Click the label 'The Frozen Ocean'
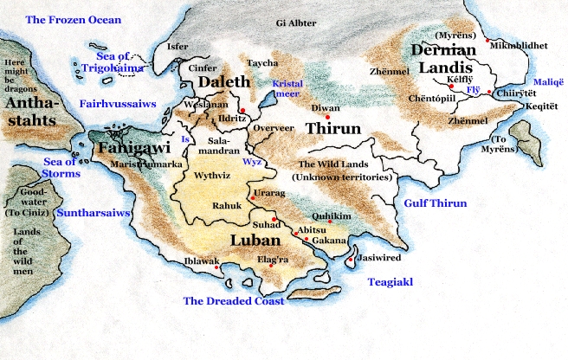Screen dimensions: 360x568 pos(73,19)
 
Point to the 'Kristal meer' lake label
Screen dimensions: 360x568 pos(287,88)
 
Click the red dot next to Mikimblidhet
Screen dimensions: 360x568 pos(487,41)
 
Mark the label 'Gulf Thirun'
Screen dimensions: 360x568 pos(436,203)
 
